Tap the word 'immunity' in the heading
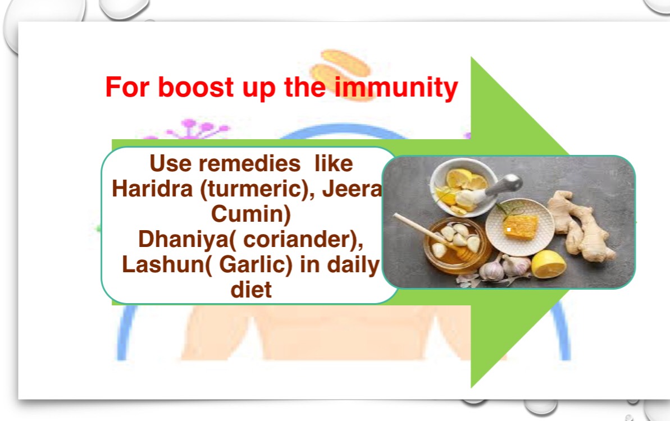[396, 88]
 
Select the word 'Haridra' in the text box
[152, 189]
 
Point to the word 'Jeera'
[352, 189]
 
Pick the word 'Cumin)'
[251, 214]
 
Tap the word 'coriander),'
[303, 240]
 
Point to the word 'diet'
[251, 290]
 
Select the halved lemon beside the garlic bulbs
[549, 264]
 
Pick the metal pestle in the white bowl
[502, 186]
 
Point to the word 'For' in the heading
[127, 87]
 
